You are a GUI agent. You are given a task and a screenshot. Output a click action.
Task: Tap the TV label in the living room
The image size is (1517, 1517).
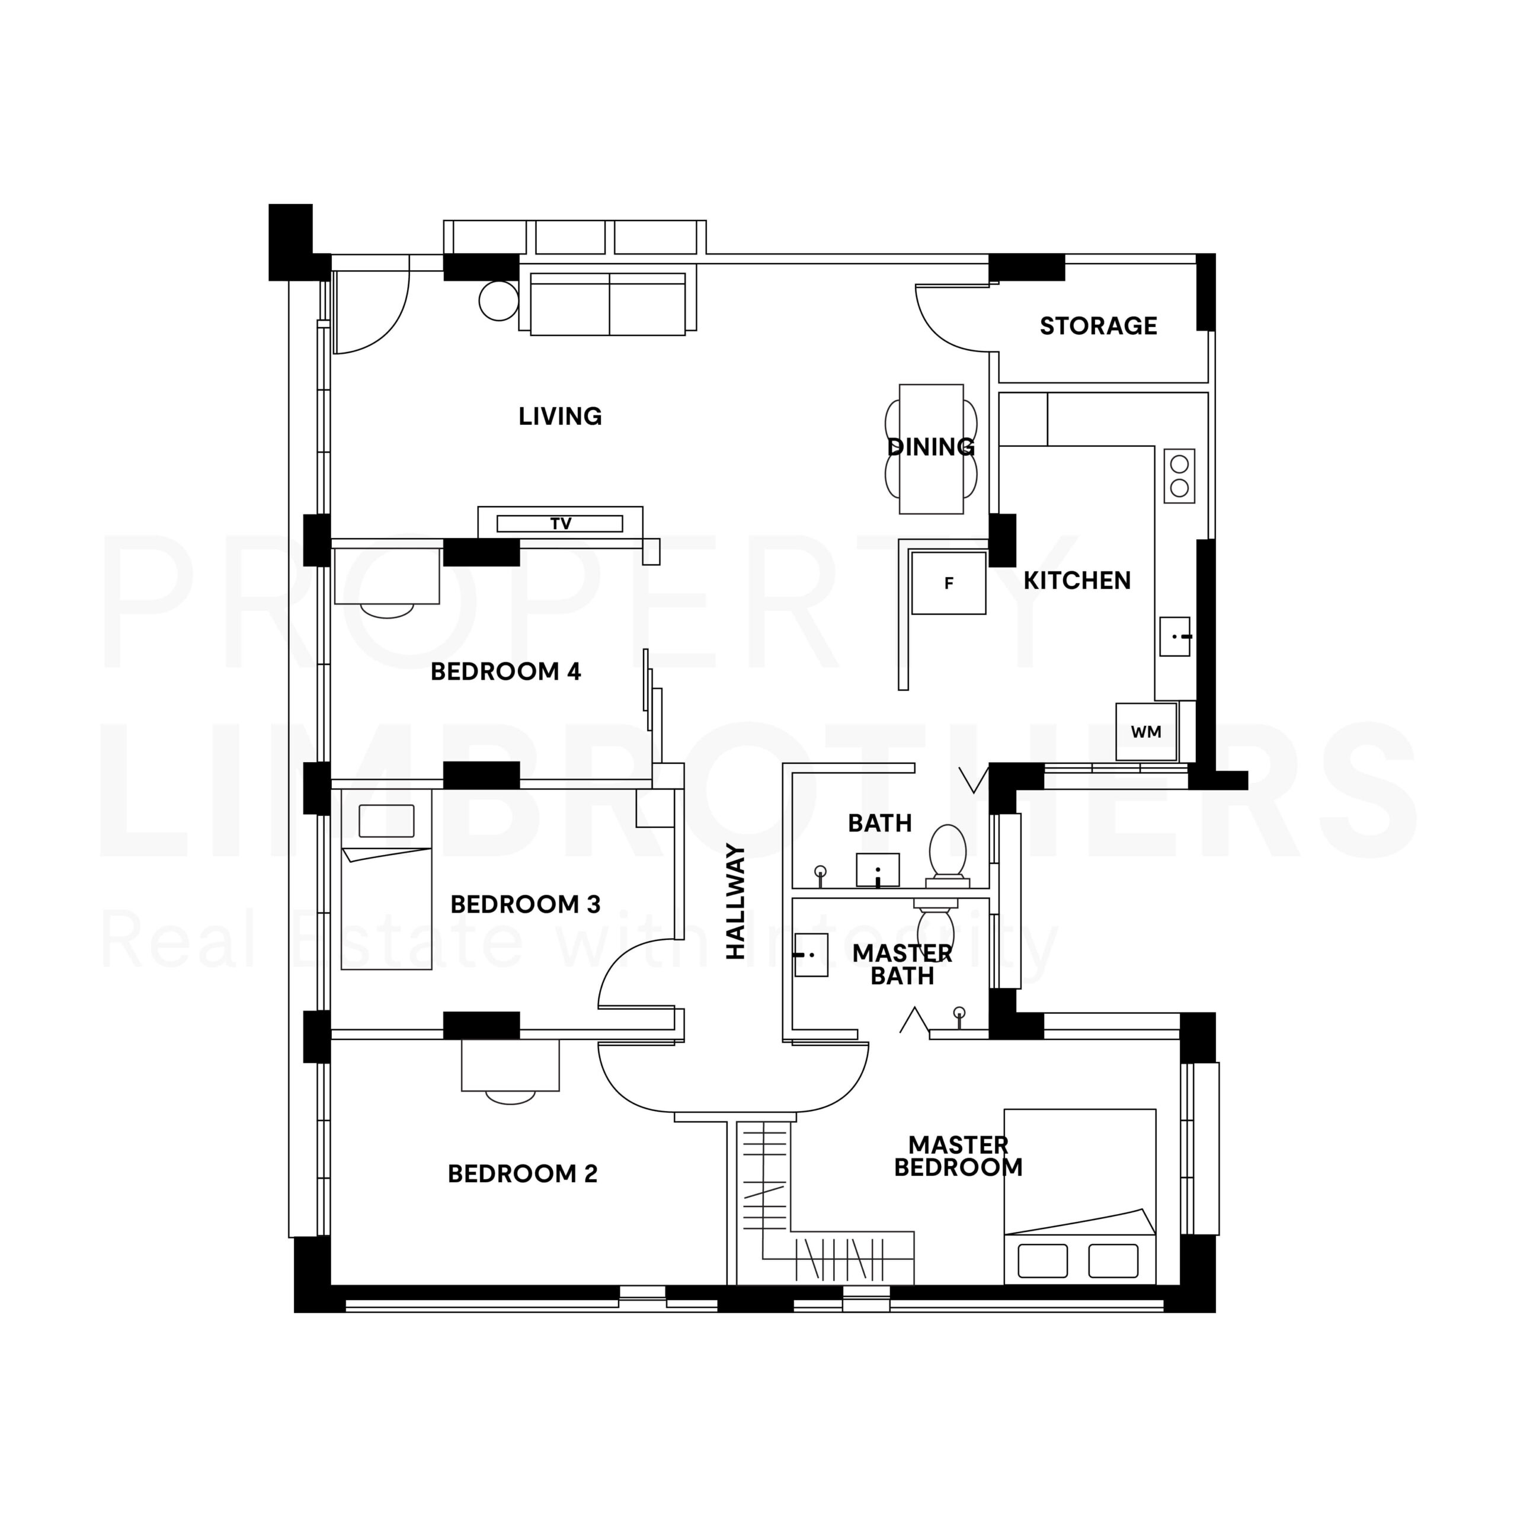point(561,524)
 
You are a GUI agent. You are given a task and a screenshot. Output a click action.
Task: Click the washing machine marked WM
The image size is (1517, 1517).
point(1147,732)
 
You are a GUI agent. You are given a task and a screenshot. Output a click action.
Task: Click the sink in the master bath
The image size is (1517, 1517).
point(811,955)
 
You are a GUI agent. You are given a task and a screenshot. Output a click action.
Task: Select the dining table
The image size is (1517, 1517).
point(932,449)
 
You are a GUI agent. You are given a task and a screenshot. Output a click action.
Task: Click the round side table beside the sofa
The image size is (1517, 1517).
point(498,300)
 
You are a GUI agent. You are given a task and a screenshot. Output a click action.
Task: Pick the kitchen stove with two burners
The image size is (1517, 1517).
point(1179,476)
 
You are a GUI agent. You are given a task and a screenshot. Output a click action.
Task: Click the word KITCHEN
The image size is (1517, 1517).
point(1077,581)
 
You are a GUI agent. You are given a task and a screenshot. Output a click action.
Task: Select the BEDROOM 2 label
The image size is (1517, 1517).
point(523,1174)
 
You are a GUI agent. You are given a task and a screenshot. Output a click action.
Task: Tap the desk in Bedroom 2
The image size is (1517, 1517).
point(510,1065)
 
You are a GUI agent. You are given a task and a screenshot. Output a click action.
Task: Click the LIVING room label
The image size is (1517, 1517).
point(561,416)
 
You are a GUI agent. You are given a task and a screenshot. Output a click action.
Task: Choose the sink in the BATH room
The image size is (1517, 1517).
point(878,870)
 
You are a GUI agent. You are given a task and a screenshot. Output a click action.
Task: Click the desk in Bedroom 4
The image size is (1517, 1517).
point(386,577)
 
